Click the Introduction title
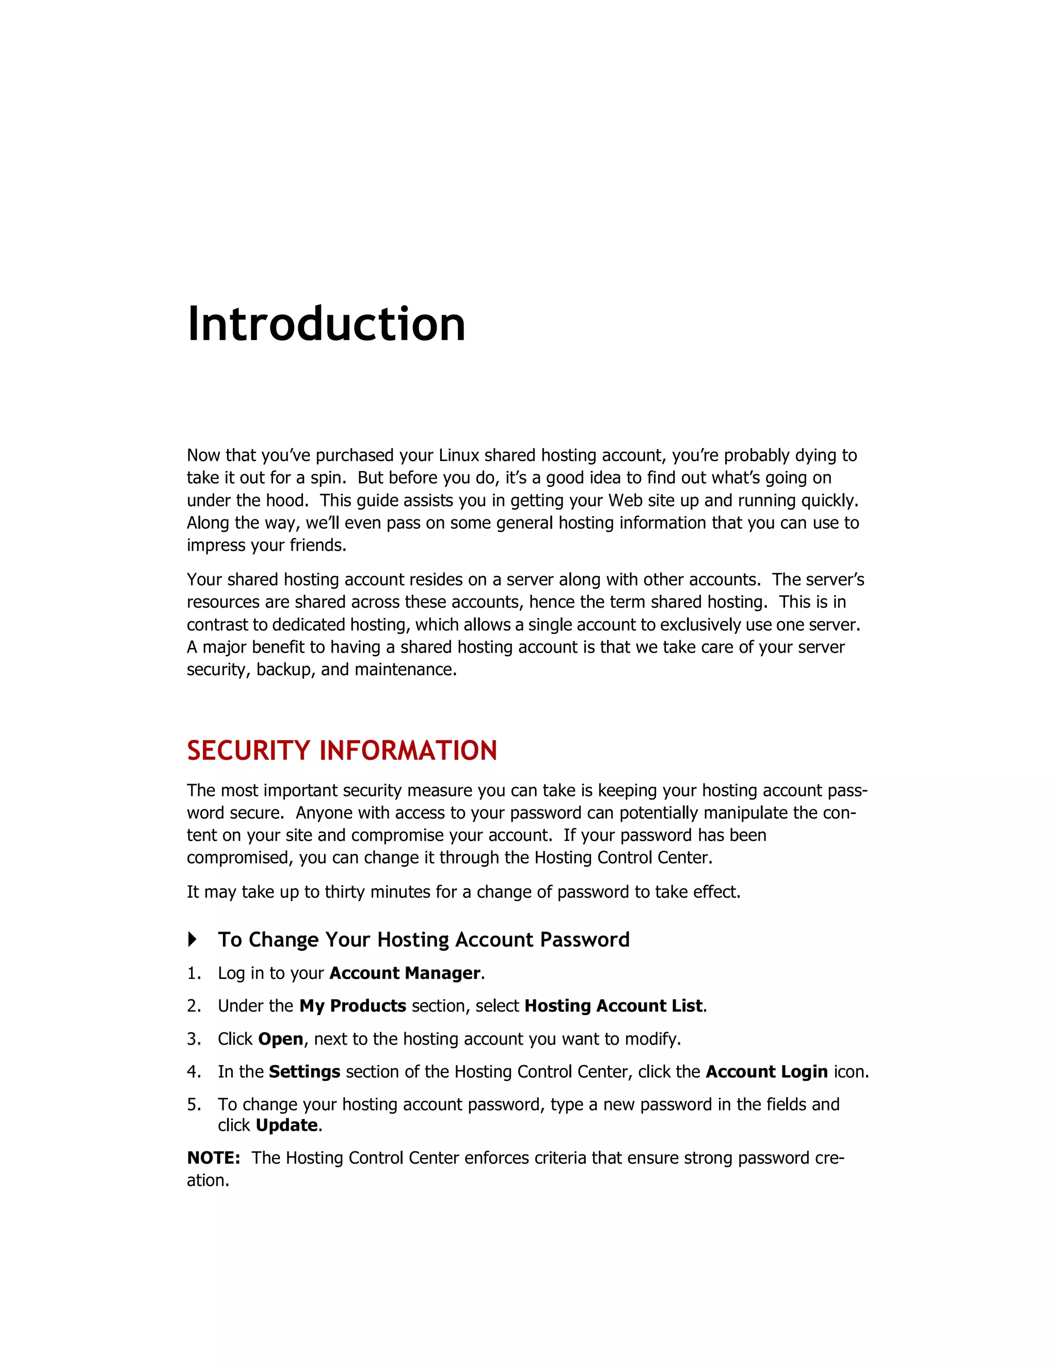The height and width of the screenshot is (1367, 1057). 326,324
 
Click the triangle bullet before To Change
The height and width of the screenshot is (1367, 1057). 192,939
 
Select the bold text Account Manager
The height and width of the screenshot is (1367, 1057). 405,973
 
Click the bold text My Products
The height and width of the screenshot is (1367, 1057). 353,1006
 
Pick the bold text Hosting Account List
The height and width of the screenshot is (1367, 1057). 613,1006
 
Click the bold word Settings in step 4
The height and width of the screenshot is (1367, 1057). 305,1072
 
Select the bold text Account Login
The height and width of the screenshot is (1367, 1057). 766,1072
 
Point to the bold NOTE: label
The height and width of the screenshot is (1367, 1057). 214,1158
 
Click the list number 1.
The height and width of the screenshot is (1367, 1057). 193,973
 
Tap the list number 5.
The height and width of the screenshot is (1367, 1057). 193,1105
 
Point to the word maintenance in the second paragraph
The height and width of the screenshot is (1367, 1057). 405,670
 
